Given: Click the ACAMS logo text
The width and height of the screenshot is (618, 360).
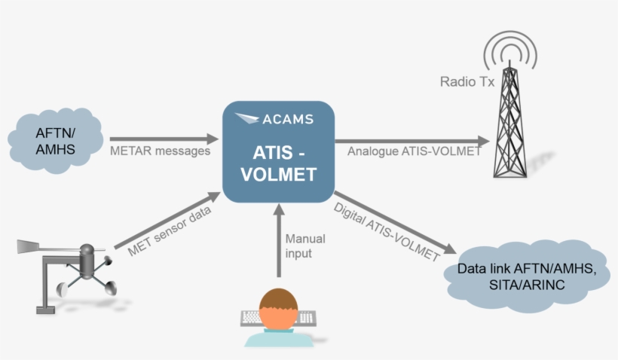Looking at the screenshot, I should tap(288, 119).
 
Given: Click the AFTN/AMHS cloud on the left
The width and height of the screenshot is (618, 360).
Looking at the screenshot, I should tap(57, 140).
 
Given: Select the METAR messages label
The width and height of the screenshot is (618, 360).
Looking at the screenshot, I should tap(160, 151).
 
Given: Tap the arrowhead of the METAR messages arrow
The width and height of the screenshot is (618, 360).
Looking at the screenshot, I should tap(212, 139).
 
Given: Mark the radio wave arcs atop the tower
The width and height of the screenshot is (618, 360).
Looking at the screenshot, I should tap(512, 50).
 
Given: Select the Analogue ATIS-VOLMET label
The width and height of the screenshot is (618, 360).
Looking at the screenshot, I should tap(415, 151).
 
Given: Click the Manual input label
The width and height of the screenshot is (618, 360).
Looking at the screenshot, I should tap(305, 246).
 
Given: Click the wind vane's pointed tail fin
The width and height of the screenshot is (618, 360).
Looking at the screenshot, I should tap(28, 246).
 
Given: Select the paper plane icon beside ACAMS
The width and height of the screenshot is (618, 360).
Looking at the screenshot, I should tap(247, 119).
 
